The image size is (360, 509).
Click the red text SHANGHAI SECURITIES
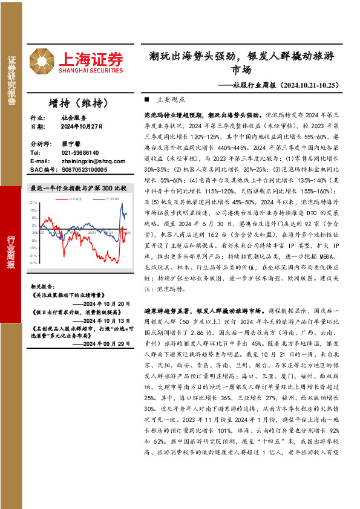91,70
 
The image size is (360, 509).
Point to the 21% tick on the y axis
34,203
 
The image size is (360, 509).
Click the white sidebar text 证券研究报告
11,82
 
